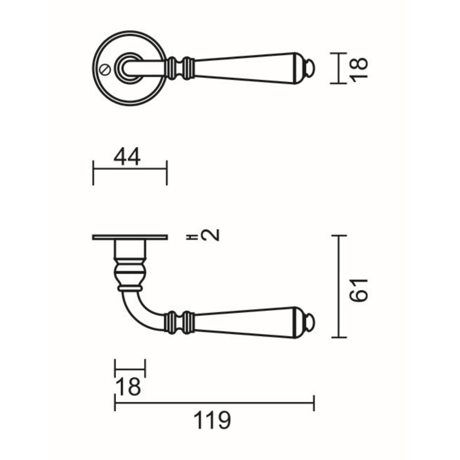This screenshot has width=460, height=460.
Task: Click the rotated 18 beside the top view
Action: [359, 68]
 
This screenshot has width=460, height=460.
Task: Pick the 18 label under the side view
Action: [128, 387]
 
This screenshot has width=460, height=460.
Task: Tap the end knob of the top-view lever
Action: [310, 68]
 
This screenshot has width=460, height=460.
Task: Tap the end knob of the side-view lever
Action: [310, 322]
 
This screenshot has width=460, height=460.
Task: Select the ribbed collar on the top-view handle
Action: [180, 68]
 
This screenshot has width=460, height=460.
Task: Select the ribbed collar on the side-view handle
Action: [180, 322]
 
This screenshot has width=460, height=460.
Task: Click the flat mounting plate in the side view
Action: [130, 237]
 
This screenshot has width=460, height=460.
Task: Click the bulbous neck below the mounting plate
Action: [130, 273]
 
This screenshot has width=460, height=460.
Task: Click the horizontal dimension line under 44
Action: [130, 169]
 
